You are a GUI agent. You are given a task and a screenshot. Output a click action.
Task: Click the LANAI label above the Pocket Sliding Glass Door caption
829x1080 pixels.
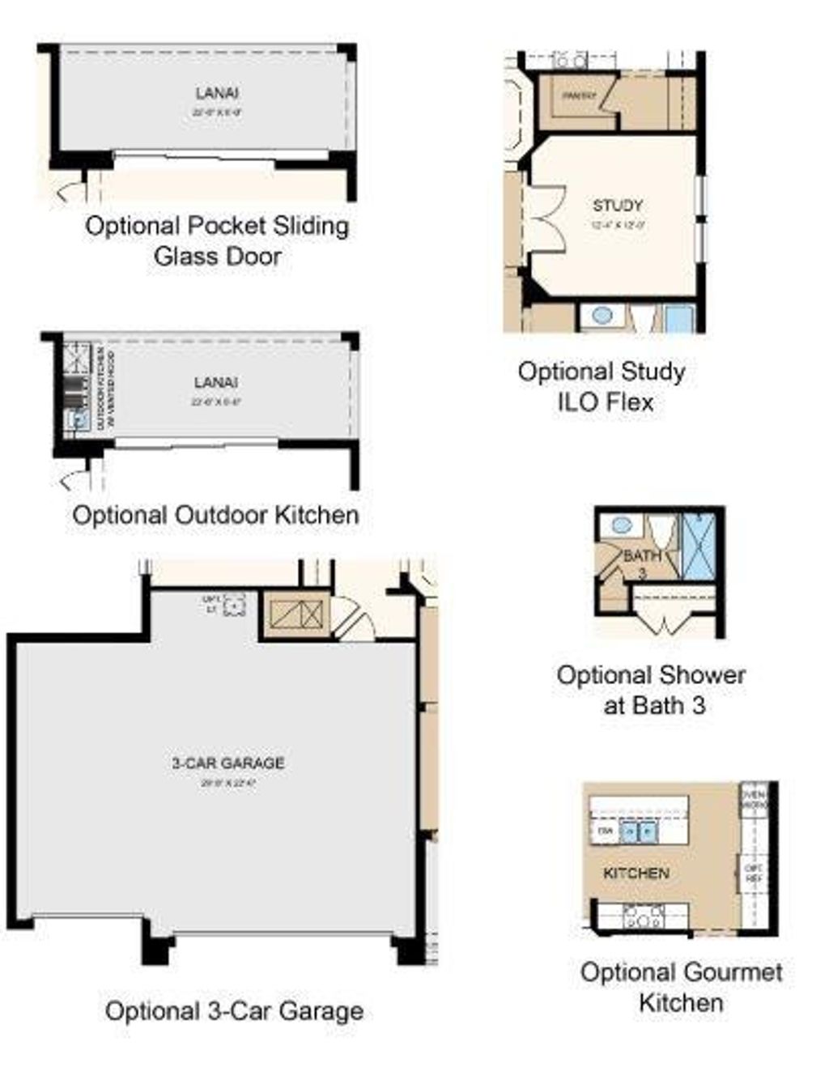point(217,94)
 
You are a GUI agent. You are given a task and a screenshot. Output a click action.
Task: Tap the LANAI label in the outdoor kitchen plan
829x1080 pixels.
point(215,382)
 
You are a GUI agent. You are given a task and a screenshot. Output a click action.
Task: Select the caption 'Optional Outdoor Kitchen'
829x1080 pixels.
point(215,515)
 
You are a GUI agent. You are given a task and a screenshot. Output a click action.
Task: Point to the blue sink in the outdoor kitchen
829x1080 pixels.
point(78,419)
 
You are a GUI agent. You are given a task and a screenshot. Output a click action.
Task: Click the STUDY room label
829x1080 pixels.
point(618,205)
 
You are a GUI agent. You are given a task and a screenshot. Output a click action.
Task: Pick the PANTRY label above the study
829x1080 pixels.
point(580,96)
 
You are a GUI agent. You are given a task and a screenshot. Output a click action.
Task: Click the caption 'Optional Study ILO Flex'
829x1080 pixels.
point(602,386)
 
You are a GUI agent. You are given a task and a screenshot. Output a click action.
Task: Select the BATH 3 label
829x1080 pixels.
point(642,561)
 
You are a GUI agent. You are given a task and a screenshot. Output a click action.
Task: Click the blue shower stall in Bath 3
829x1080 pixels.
point(699,546)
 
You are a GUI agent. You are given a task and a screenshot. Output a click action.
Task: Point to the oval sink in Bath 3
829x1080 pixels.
point(622,525)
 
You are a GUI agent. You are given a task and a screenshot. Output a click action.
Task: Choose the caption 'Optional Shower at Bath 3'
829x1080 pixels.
point(652,690)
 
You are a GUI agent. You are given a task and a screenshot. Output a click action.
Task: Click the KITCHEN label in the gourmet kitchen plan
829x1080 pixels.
point(636,874)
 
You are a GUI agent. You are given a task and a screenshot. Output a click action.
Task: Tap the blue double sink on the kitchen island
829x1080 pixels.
point(639,831)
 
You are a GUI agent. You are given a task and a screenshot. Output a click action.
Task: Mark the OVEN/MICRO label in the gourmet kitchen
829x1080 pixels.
point(753,800)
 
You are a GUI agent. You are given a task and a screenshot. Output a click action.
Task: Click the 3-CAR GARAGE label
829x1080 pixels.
point(228,763)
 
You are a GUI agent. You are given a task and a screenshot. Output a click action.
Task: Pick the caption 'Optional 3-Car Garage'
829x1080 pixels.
point(234,1011)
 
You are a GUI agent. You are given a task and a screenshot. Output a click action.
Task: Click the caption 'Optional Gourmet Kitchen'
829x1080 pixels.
point(681,987)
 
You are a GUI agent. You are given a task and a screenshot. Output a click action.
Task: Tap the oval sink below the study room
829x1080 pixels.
point(601,315)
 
